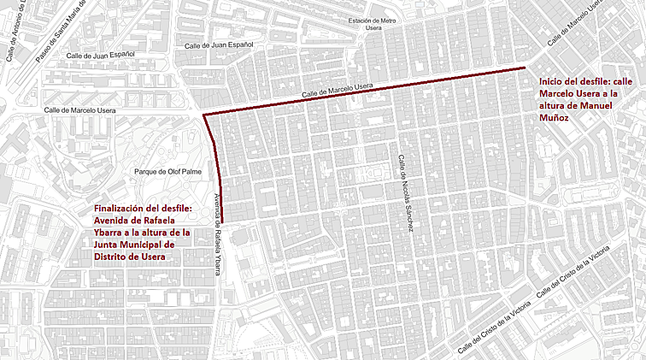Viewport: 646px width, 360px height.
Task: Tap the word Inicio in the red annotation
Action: point(551,82)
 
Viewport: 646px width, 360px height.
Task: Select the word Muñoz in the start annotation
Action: point(555,118)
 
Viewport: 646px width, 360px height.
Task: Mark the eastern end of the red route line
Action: point(525,67)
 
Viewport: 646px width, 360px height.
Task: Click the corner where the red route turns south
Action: point(203,115)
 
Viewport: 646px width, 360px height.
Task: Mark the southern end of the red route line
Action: point(223,221)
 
